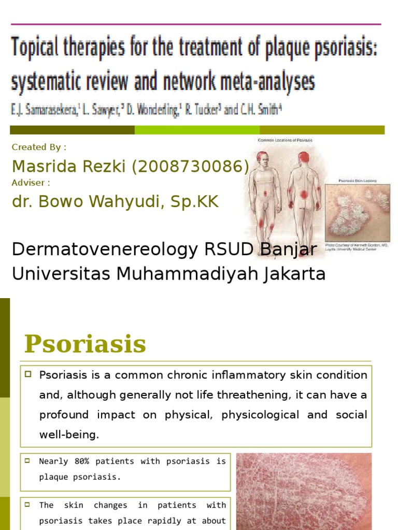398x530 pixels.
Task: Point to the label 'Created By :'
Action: click(39, 147)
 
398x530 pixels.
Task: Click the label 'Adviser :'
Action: click(31, 182)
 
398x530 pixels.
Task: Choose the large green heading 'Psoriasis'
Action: click(86, 344)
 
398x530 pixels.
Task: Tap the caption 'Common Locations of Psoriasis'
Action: click(285, 140)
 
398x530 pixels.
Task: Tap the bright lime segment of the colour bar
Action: click(197, 130)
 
